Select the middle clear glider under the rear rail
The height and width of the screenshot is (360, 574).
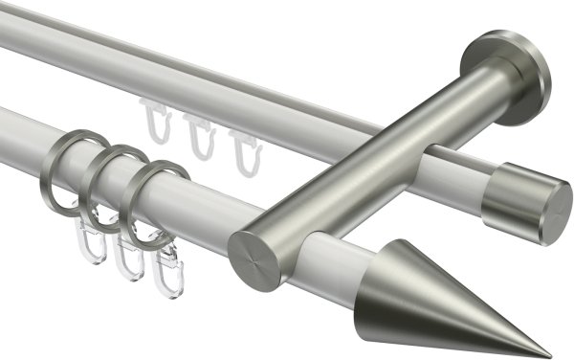[x=199, y=135]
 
